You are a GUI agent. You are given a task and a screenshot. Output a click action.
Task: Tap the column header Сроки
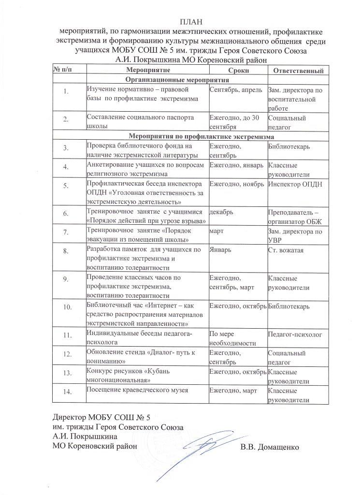[238, 71]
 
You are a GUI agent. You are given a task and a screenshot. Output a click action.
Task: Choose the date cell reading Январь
[219, 250]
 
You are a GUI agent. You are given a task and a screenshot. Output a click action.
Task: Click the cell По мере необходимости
[231, 338]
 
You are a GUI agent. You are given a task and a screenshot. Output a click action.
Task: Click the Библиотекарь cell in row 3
[289, 146]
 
